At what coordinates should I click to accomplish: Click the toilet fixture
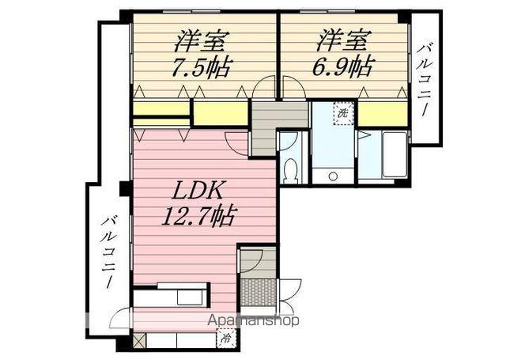(289, 169)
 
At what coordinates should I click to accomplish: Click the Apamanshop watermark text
(253, 321)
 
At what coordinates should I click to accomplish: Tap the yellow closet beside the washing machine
(379, 114)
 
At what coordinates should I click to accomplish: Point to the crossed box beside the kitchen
(140, 342)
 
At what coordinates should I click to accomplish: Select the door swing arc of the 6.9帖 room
(289, 87)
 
